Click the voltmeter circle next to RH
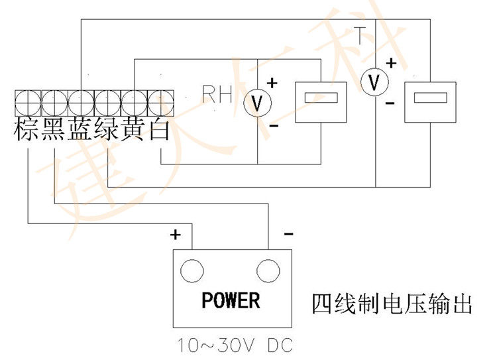[x=257, y=103]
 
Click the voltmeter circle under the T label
[x=375, y=82]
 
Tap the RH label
[x=217, y=95]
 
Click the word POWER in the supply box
[x=231, y=300]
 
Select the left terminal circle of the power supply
[x=192, y=270]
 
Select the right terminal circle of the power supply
[x=268, y=270]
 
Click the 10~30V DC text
[x=235, y=346]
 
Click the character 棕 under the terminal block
[x=27, y=130]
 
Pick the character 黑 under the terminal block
[x=54, y=130]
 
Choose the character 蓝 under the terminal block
[x=81, y=130]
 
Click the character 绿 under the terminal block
[x=107, y=130]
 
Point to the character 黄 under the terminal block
[x=134, y=130]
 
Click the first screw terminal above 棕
[x=27, y=103]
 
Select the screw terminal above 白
[x=160, y=103]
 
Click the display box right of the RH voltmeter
[x=320, y=102]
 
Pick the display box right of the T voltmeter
[x=430, y=101]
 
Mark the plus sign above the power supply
[x=176, y=234]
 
